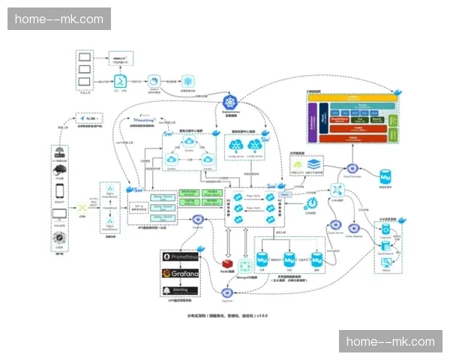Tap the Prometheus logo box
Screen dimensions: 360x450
click(180, 257)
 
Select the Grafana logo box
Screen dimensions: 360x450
click(180, 273)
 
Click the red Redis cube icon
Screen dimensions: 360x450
click(225, 264)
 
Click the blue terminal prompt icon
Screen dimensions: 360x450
click(118, 81)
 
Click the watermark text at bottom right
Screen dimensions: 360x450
click(390, 342)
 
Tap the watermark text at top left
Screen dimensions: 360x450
click(59, 19)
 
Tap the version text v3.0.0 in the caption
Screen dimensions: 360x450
click(261, 316)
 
